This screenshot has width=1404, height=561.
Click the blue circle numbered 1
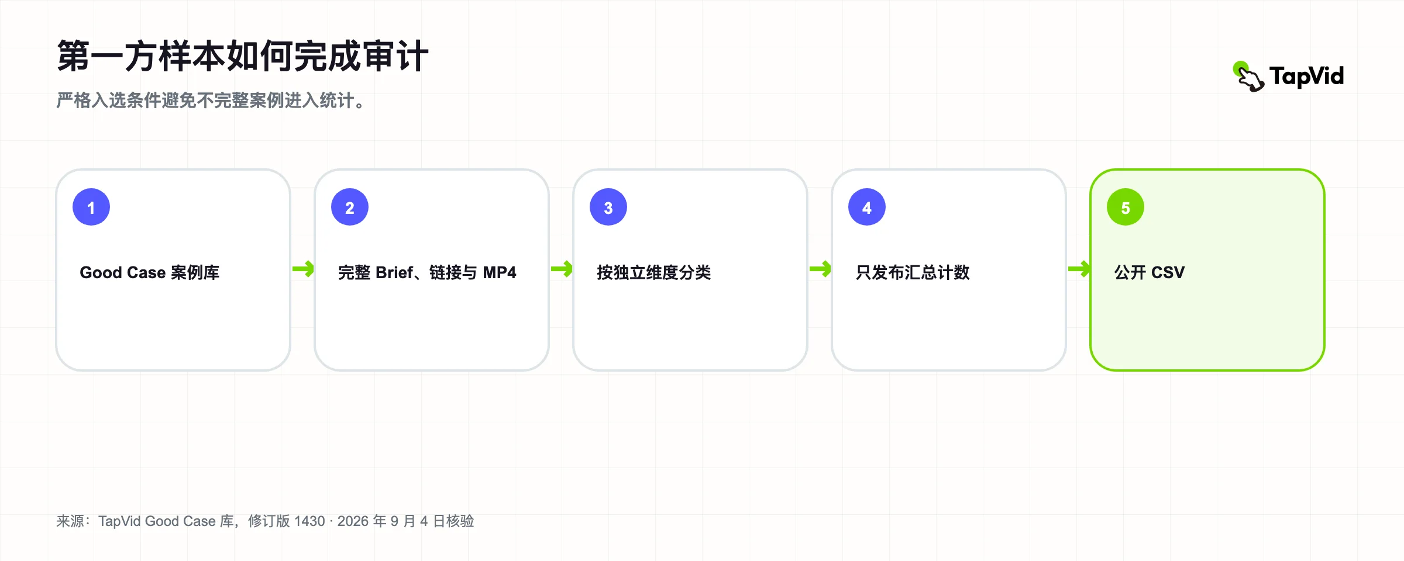(91, 207)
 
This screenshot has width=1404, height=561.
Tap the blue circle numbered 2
(350, 207)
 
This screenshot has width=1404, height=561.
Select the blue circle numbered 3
(608, 207)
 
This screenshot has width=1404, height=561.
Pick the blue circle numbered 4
(867, 207)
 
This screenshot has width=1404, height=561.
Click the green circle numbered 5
(1126, 207)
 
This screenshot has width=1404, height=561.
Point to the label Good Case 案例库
(150, 272)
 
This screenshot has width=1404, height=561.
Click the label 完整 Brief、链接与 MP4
(427, 272)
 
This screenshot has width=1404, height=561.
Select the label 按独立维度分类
(654, 272)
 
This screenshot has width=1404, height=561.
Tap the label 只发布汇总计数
(913, 272)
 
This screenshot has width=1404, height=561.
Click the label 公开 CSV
(1150, 272)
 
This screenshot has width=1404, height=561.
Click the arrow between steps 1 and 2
(303, 269)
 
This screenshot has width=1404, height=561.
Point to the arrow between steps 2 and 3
(562, 269)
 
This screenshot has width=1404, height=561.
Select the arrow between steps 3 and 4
(820, 269)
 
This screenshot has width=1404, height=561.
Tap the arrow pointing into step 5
(1079, 269)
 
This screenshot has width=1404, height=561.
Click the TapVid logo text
(1307, 77)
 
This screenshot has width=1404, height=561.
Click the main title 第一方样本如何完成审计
(243, 56)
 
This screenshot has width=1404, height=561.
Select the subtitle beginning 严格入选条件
(211, 101)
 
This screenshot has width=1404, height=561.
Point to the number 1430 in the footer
(309, 521)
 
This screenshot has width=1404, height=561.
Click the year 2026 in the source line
(353, 521)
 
